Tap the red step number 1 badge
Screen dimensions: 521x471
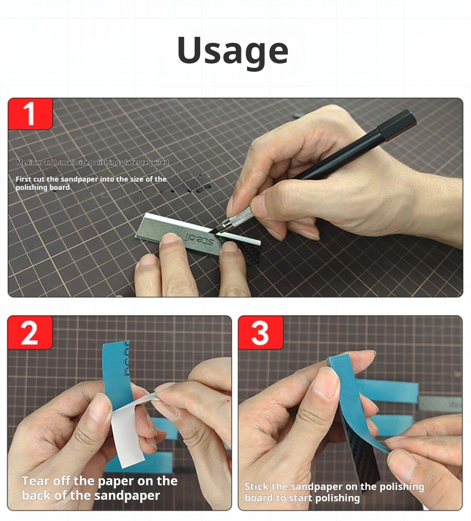click(x=30, y=114)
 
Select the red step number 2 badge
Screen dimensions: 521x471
click(x=30, y=332)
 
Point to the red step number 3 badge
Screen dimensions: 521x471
click(x=260, y=332)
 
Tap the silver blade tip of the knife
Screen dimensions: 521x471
click(x=217, y=231)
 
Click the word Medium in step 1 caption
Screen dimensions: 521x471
click(x=29, y=162)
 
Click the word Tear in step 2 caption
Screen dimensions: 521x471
click(x=35, y=481)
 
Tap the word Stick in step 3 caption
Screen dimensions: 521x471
click(x=256, y=487)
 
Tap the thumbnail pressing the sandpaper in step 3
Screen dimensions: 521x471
click(x=326, y=382)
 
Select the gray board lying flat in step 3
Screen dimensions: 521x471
click(x=440, y=404)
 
